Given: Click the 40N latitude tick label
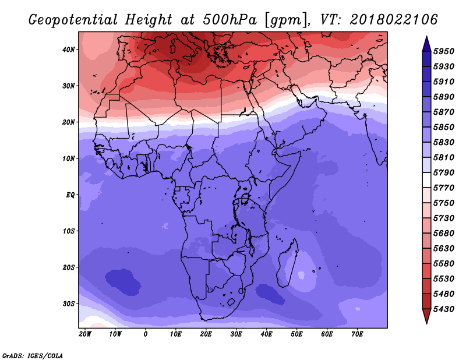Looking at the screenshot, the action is [69, 50].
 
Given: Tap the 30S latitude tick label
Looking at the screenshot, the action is [69, 304].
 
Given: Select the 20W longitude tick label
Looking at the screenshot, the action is [85, 334].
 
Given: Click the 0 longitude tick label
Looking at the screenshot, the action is [145, 334].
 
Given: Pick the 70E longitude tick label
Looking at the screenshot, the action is [357, 334].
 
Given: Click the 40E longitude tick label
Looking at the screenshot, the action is [266, 334].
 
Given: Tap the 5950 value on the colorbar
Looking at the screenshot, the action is [444, 51].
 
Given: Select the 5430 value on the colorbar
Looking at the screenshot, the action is [444, 309].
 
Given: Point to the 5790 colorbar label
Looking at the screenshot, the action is [444, 172].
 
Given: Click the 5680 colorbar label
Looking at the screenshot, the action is [444, 234].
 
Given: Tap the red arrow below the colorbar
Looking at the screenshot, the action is [426, 316].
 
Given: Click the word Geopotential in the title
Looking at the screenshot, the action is [73, 20].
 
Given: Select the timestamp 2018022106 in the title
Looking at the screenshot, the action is [394, 20].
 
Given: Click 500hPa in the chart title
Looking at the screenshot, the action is [230, 20].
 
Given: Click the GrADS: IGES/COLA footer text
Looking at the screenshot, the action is [33, 356].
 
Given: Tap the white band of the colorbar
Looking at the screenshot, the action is [426, 180].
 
